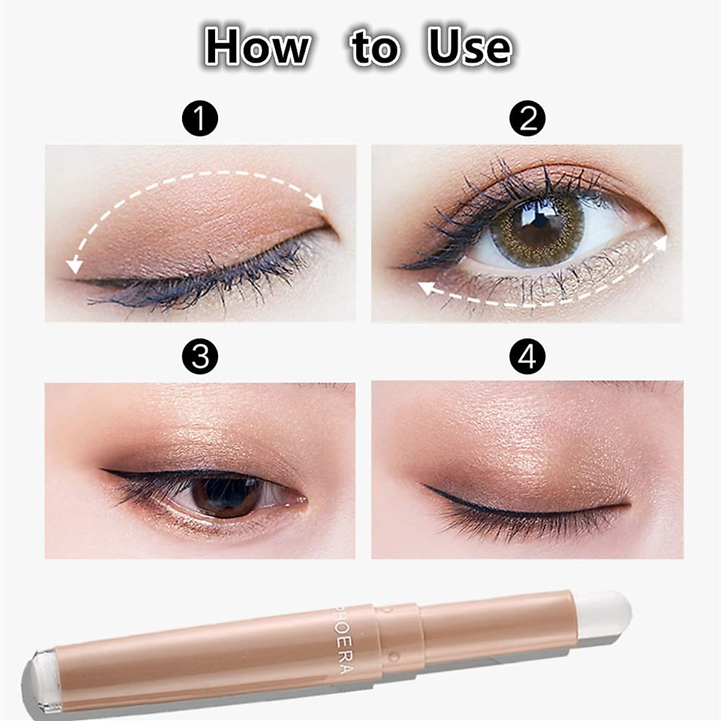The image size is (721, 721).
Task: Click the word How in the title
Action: tap(258, 47)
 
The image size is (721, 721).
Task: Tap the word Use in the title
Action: tap(469, 47)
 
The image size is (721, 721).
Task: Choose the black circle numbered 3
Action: tap(199, 356)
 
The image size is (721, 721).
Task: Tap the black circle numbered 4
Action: tap(527, 356)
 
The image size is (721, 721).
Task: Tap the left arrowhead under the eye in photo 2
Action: tap(425, 288)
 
